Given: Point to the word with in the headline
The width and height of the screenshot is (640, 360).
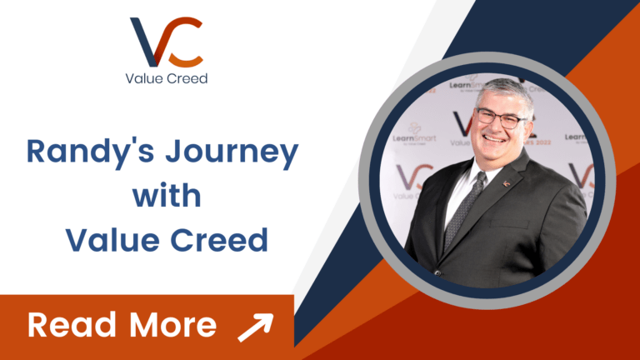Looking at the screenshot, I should point(167,197).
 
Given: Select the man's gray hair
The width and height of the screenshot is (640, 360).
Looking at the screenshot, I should point(504,88).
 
